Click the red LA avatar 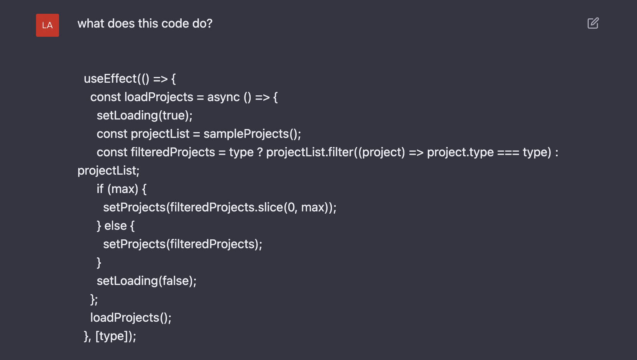point(48,25)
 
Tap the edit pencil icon point(593,23)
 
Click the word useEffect point(110,79)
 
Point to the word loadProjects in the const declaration point(159,97)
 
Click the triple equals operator point(508,152)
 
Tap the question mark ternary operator point(259,152)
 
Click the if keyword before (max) point(100,189)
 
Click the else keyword point(115,226)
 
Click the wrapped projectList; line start point(108,171)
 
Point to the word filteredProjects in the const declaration point(173,152)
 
